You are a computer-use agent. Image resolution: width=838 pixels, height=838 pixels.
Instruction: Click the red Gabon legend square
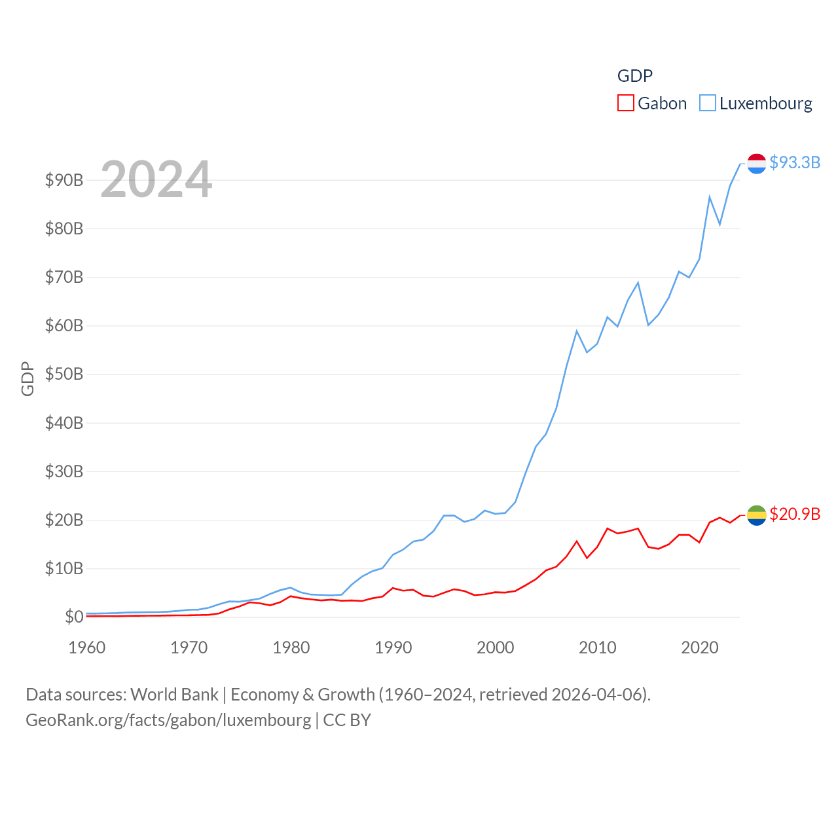click(626, 103)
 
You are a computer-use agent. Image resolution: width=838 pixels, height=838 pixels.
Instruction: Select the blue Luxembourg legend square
click(708, 103)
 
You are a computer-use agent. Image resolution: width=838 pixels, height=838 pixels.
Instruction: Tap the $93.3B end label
click(795, 162)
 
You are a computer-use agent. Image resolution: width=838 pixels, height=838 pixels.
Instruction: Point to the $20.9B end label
click(795, 514)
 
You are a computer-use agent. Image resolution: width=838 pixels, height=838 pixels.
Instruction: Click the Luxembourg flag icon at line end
click(757, 164)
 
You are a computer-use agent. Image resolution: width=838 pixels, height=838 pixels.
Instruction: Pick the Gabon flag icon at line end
click(757, 515)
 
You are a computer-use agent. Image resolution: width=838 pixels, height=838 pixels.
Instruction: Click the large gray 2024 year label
click(156, 179)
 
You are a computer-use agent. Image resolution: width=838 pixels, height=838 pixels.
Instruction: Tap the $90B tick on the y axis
click(64, 180)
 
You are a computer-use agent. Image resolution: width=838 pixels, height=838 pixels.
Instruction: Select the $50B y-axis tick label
click(64, 374)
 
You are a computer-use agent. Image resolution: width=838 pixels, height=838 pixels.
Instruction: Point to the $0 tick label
click(74, 617)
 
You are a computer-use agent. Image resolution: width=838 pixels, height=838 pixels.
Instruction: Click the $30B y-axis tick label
click(64, 471)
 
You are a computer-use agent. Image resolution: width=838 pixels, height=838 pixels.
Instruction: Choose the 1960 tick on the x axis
click(87, 647)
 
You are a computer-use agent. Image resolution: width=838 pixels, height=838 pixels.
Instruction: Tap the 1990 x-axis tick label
click(393, 647)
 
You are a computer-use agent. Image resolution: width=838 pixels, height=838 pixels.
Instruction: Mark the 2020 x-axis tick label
click(700, 647)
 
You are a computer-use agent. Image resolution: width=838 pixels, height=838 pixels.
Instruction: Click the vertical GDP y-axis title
click(27, 378)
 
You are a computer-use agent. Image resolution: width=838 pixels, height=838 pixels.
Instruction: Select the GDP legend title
click(635, 76)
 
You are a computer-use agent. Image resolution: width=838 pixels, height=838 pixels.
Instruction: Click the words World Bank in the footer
click(174, 695)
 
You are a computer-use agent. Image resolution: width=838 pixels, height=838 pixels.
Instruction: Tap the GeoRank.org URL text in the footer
click(168, 720)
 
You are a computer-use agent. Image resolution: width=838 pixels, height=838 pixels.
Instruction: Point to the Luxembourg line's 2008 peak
click(577, 331)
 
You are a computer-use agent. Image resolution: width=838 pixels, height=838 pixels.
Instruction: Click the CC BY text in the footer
click(347, 720)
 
